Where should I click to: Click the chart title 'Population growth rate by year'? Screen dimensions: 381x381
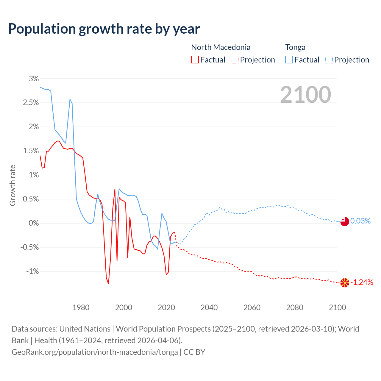tap(104, 29)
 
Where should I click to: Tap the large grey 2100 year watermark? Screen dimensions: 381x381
tap(305, 94)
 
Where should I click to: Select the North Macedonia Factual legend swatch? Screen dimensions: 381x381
tap(195, 60)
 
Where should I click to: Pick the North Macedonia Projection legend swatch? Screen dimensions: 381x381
tap(235, 60)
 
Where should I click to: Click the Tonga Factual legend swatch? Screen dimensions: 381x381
tap(289, 60)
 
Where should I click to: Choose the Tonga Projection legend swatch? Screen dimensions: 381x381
tap(329, 60)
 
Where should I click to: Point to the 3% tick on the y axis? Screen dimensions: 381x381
tap(34, 79)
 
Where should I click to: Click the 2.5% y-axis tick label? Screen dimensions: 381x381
tap(31, 103)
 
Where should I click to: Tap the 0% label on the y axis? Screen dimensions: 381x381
tap(34, 223)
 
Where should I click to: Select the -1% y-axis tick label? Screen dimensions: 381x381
tap(32, 271)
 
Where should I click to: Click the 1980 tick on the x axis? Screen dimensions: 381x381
tap(81, 307)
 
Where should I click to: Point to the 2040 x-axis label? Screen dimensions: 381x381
tap(209, 307)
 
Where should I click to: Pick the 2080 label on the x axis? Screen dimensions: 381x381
tap(295, 307)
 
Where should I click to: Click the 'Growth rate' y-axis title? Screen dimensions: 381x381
tap(13, 185)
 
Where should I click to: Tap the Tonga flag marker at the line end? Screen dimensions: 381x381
tap(344, 221)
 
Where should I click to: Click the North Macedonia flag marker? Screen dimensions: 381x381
tap(344, 283)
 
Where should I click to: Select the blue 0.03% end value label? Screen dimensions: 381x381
tap(360, 221)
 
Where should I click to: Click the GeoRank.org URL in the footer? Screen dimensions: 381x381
tap(95, 352)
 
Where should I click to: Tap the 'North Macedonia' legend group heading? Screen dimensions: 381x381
tap(221, 47)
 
